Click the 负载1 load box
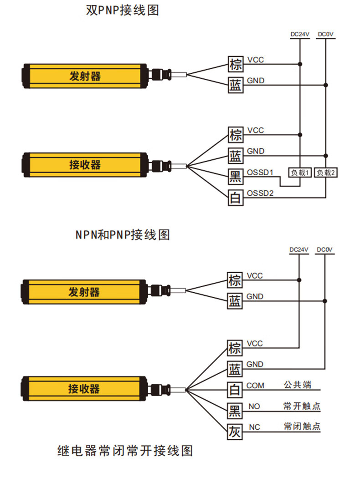pos(299,173)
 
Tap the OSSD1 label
pos(260,173)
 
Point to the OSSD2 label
pos(260,193)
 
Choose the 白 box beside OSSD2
pos(235,198)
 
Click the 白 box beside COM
pos(235,390)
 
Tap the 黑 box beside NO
pos(235,411)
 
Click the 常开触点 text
pos(302,406)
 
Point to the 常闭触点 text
pos(302,427)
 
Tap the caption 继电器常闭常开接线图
pos(125,451)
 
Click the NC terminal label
pos(255,427)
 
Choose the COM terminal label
pos(255,386)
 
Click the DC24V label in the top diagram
pos(300,34)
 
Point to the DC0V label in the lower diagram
pos(325,249)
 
